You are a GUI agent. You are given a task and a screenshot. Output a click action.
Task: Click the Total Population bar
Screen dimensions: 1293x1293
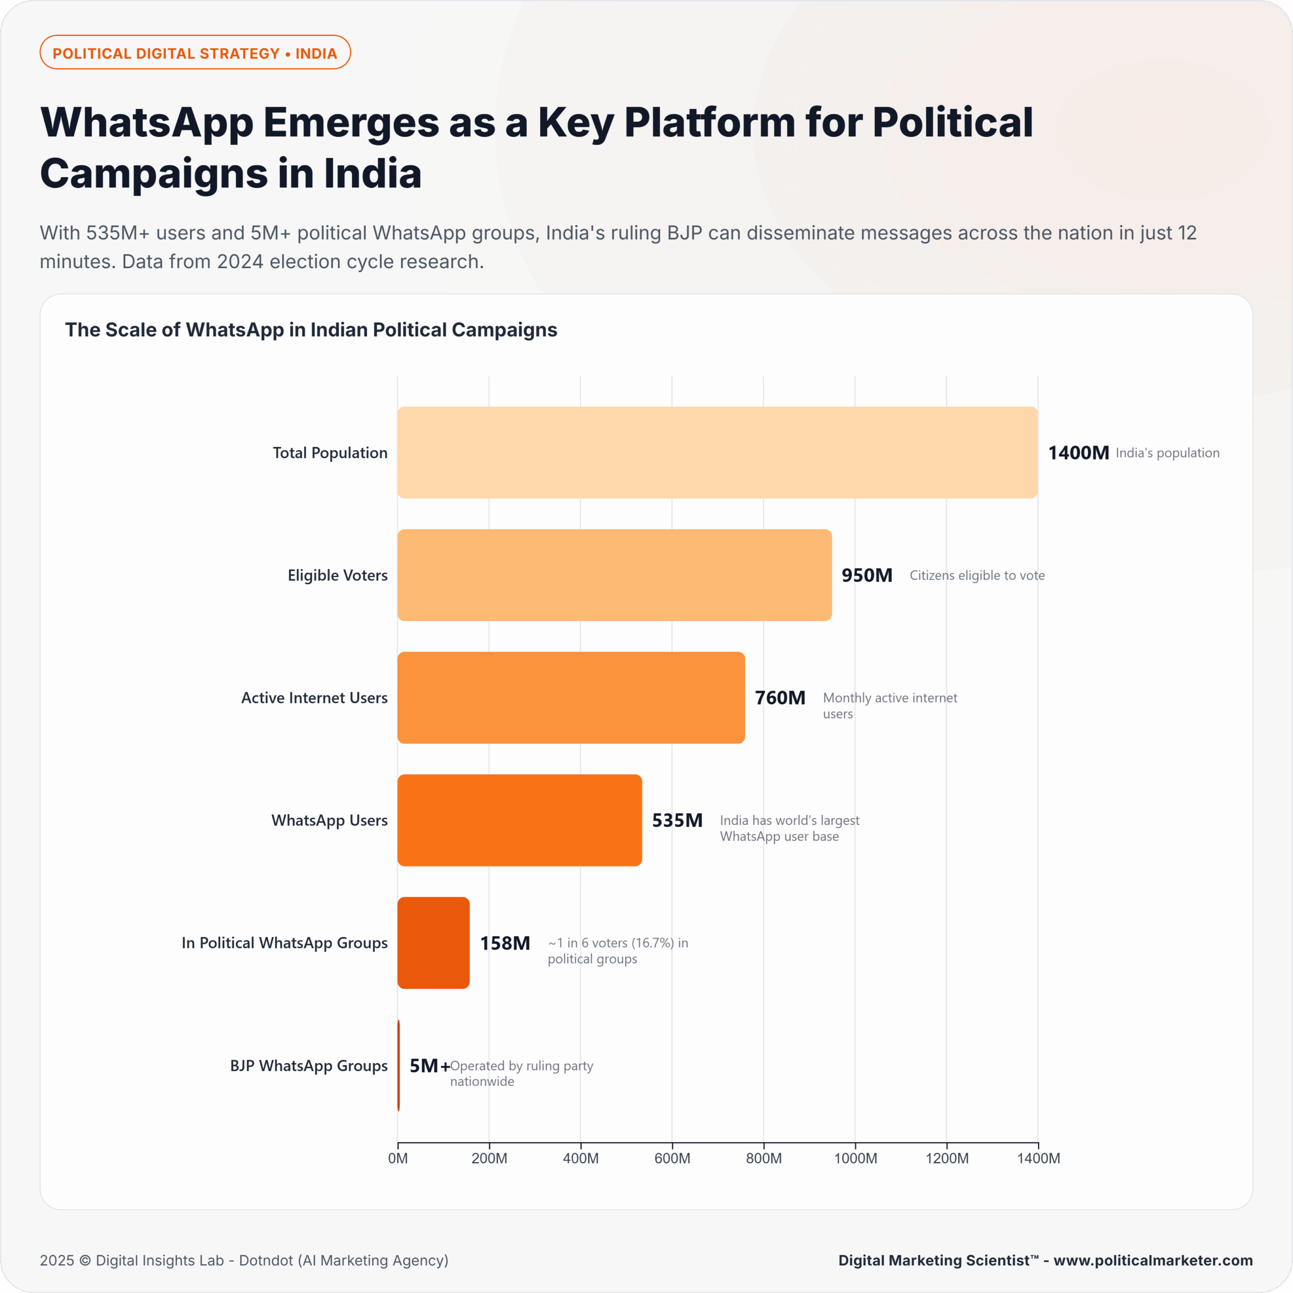pyautogui.click(x=717, y=453)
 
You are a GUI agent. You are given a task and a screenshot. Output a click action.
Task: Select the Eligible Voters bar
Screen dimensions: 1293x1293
pyautogui.click(x=614, y=575)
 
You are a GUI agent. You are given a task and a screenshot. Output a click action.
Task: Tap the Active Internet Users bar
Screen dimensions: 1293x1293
pyautogui.click(x=571, y=698)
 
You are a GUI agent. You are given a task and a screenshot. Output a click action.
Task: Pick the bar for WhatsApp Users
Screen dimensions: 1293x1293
pyautogui.click(x=519, y=820)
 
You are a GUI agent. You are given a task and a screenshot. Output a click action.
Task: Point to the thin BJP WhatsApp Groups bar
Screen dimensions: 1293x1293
pyautogui.click(x=399, y=1065)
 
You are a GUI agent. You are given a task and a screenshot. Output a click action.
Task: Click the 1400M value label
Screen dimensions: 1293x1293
pyautogui.click(x=1078, y=453)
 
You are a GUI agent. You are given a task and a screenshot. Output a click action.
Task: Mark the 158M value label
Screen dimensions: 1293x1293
pyautogui.click(x=505, y=943)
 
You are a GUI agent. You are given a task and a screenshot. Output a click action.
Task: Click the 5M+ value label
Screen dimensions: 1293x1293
pyautogui.click(x=429, y=1065)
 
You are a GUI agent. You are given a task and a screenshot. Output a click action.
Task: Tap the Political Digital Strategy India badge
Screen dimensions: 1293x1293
pyautogui.click(x=195, y=53)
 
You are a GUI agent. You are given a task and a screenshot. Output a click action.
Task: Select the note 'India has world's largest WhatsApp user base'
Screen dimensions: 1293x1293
pyautogui.click(x=789, y=828)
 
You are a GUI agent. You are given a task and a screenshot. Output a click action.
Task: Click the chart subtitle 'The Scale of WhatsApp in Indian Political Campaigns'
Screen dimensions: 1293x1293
pyautogui.click(x=311, y=330)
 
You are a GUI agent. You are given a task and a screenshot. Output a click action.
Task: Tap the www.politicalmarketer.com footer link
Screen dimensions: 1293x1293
pyautogui.click(x=1153, y=1260)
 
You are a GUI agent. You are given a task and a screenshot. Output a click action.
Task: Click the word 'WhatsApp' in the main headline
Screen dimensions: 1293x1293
pyautogui.click(x=146, y=123)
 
